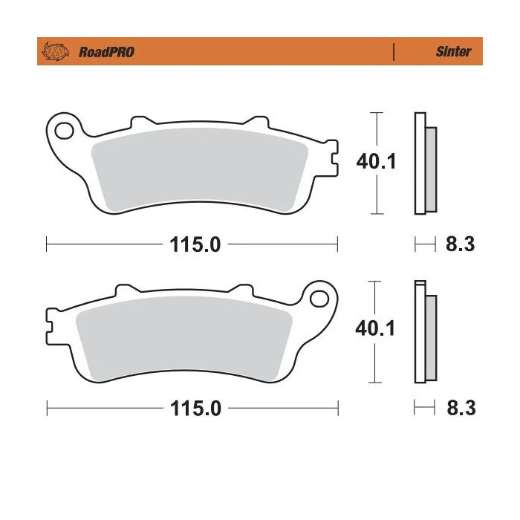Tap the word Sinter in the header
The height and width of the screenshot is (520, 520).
[452, 52]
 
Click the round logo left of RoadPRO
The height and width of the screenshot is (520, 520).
[56, 52]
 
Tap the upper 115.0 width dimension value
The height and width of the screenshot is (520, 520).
[192, 244]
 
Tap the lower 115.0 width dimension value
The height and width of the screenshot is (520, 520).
[192, 408]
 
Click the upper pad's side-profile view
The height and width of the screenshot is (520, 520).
[424, 163]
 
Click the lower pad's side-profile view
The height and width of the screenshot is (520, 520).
[424, 331]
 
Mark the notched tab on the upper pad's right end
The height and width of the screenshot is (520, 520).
[331, 158]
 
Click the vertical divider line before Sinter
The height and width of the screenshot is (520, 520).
[394, 52]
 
